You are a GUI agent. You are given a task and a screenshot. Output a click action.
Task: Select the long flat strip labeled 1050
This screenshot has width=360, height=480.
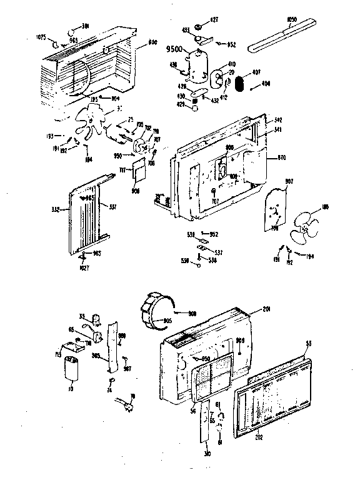[284, 39]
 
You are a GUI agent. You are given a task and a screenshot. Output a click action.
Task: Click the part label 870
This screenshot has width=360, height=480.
[272, 159]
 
